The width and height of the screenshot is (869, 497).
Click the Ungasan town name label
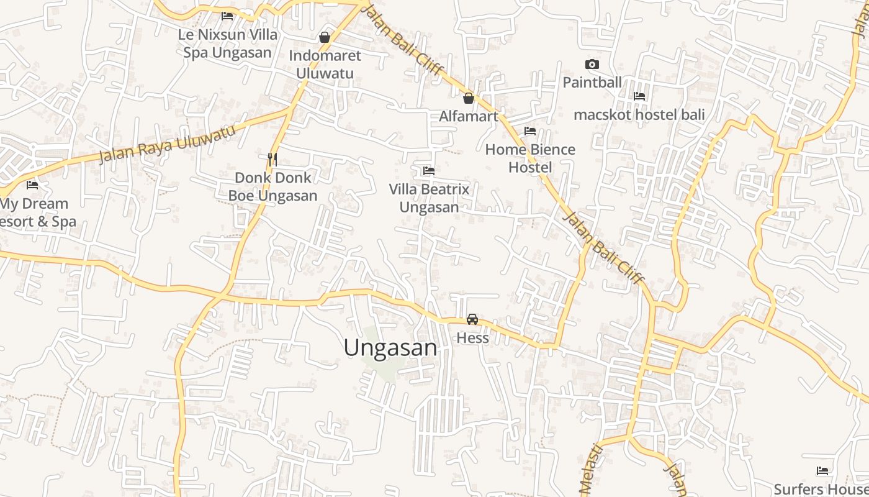(x=390, y=348)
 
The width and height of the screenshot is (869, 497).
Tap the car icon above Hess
(x=472, y=319)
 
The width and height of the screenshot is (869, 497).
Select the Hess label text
(x=472, y=338)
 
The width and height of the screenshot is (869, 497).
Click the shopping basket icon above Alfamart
(x=469, y=98)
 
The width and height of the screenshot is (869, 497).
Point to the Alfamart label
(x=469, y=116)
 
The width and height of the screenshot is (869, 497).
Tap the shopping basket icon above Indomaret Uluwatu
(x=324, y=37)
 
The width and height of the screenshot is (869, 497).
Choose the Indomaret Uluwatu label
(x=325, y=65)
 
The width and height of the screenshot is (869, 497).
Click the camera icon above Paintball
(x=592, y=64)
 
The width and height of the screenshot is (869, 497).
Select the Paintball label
(x=592, y=82)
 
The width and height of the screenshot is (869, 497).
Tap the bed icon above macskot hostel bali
(x=639, y=96)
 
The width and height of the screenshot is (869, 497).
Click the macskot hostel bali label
(x=639, y=115)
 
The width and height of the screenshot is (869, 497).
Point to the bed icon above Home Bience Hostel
(x=530, y=131)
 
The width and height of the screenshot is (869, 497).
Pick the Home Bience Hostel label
(x=530, y=158)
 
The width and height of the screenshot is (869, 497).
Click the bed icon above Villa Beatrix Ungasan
(x=428, y=170)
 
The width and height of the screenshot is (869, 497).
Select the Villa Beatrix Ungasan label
(x=429, y=198)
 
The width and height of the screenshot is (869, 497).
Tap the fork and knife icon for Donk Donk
(x=272, y=159)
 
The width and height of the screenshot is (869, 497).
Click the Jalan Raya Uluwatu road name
(x=168, y=144)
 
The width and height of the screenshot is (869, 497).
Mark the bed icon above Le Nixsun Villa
(x=227, y=16)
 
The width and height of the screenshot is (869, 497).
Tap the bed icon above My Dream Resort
(x=32, y=185)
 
